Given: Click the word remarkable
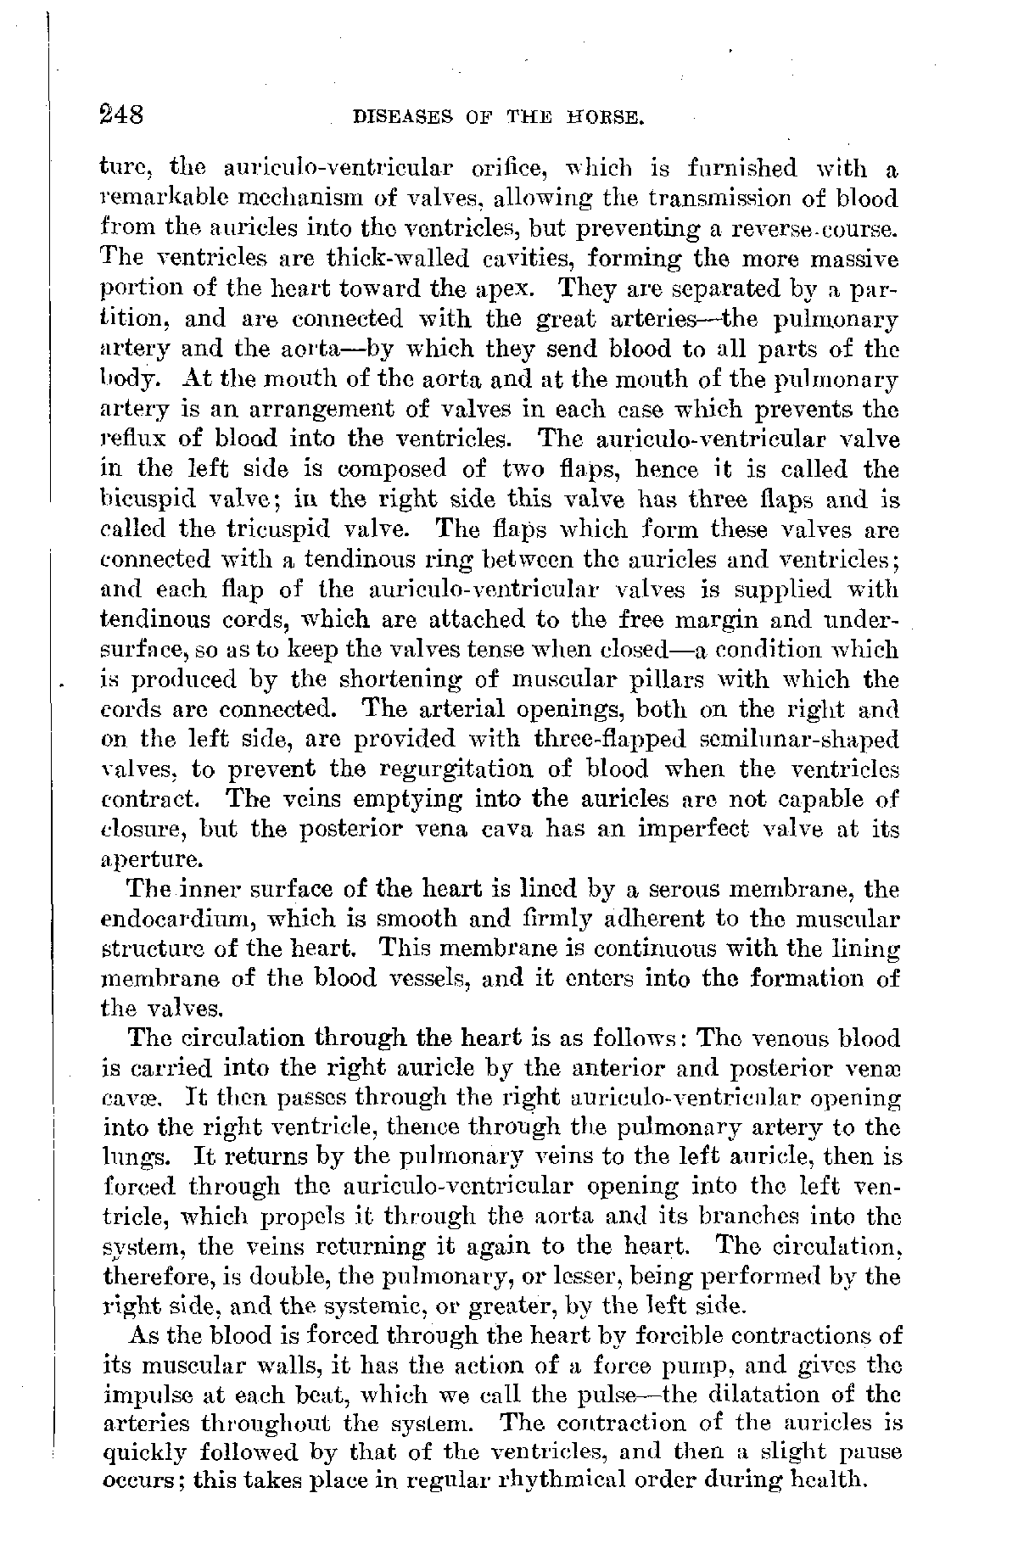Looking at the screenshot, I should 160,199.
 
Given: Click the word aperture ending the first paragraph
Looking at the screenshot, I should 150,860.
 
